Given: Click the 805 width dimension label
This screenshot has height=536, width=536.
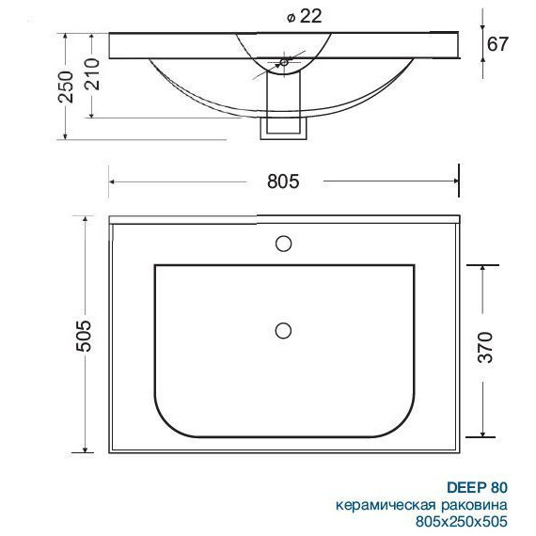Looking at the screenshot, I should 282,182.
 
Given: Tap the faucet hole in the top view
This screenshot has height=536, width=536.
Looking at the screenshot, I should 282,244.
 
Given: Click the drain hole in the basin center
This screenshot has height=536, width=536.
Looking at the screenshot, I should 282,330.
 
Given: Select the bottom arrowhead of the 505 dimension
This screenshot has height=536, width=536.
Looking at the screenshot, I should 87,449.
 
